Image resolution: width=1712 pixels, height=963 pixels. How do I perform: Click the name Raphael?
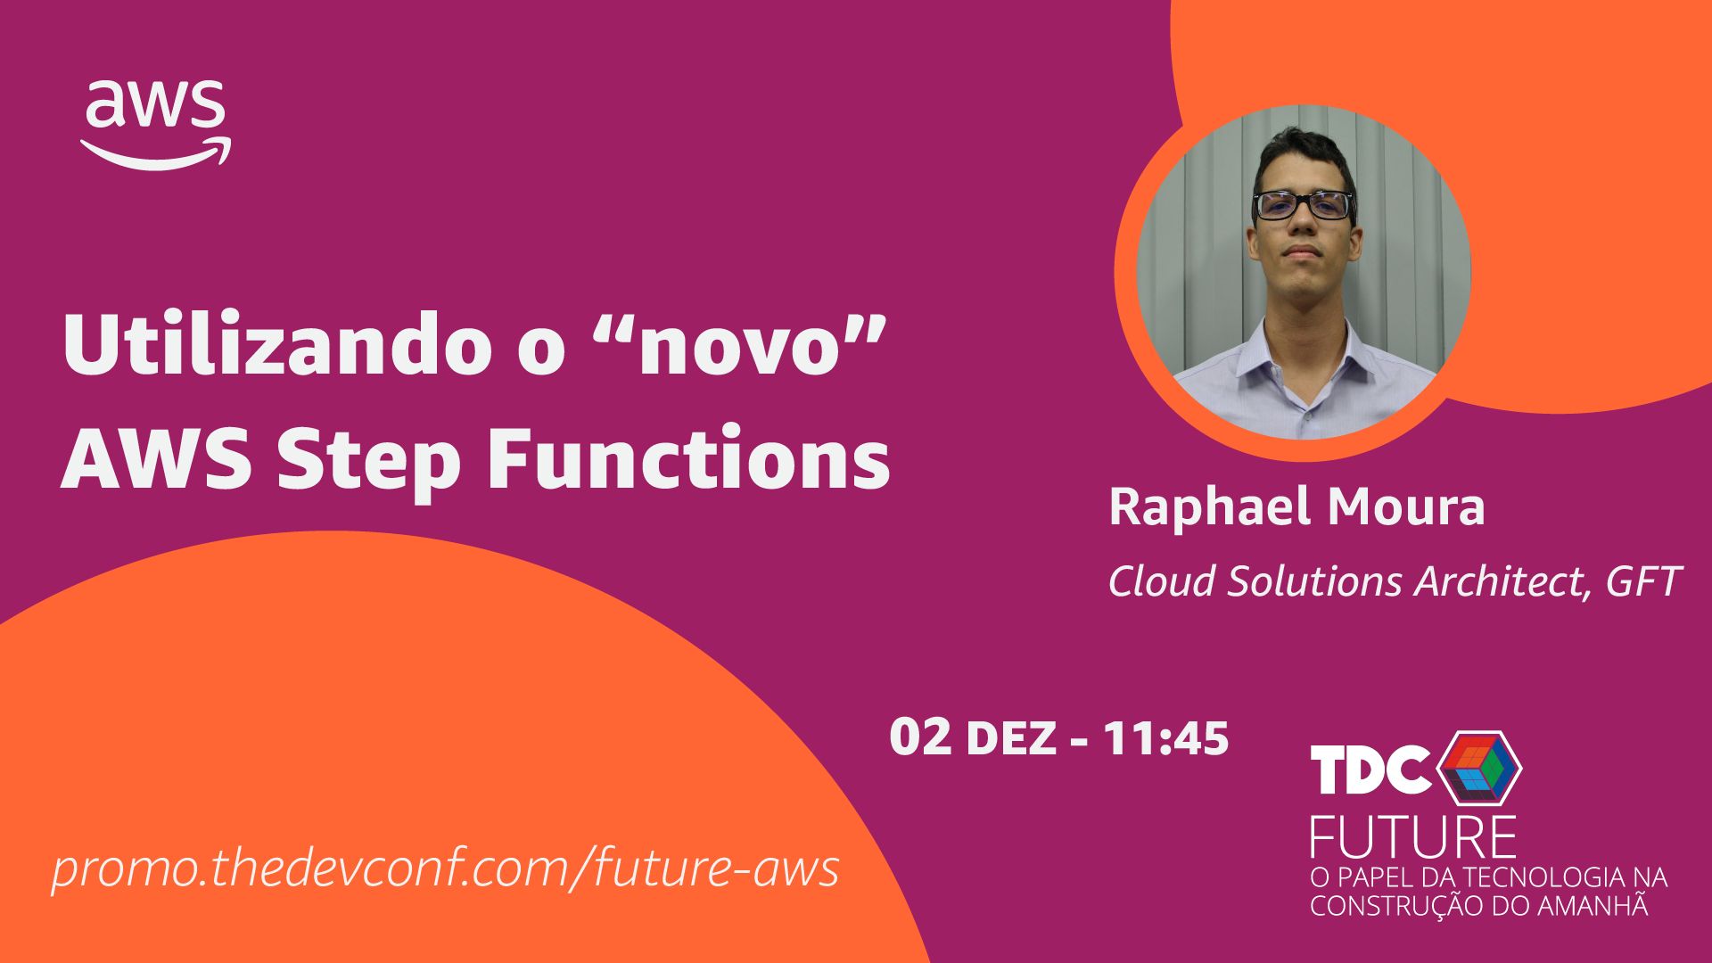tap(1211, 506)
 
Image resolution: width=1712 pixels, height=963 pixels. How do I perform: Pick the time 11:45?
tap(1166, 738)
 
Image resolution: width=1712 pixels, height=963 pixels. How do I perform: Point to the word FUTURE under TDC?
tap(1412, 835)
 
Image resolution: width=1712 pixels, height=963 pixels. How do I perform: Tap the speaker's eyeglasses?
tap(1303, 205)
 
